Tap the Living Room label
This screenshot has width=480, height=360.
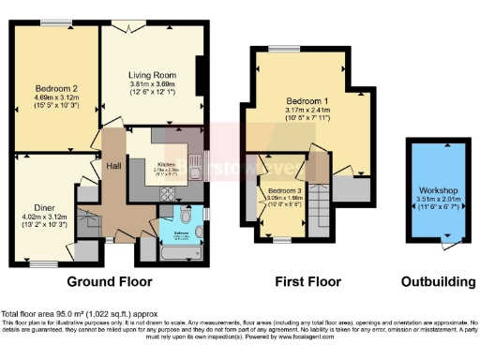pos(152,75)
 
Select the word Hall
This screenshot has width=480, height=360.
pos(114,165)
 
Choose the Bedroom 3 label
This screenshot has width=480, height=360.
pos(282,189)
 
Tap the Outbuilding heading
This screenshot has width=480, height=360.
pos(432,280)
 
